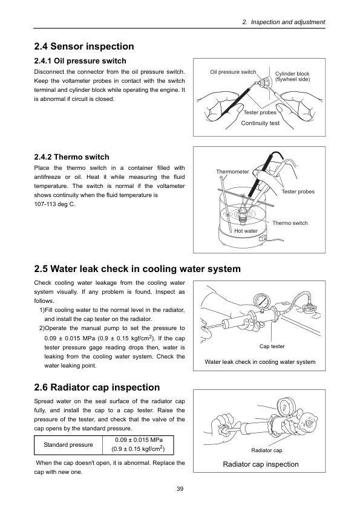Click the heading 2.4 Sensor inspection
point(84,47)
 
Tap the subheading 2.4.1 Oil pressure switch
point(80,61)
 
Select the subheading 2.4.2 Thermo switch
point(71,157)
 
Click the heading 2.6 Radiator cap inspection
point(97,387)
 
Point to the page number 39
point(180,489)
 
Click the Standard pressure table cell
point(68,445)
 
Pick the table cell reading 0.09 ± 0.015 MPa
point(139,445)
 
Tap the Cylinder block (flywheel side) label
point(292,77)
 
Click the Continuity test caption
point(260,123)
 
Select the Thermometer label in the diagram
point(232,172)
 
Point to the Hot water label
point(246,231)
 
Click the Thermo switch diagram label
point(290,223)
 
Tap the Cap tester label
point(272,346)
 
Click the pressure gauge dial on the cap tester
point(262,302)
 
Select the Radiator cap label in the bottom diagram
point(266,450)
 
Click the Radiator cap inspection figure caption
point(261,464)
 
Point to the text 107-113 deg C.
point(54,204)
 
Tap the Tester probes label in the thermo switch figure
point(298,192)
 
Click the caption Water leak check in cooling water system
point(260,362)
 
